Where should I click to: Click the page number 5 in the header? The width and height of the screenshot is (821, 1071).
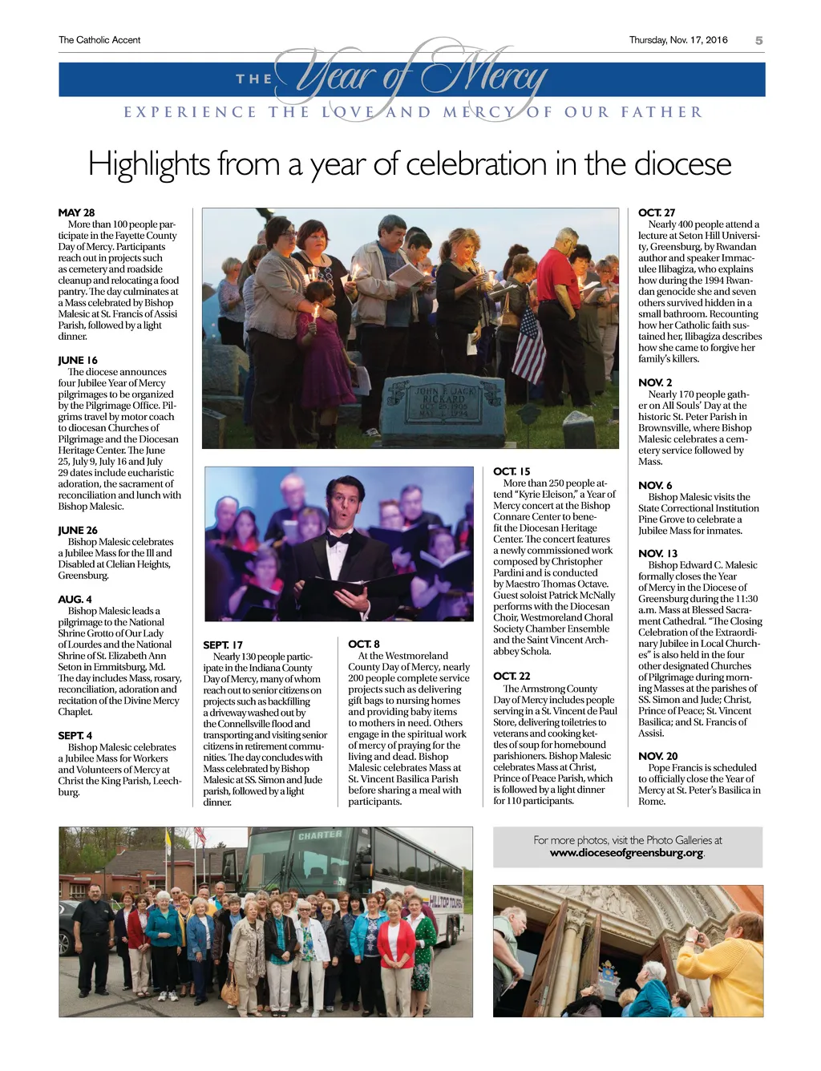[x=758, y=40]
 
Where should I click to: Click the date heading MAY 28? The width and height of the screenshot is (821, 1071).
[x=76, y=212]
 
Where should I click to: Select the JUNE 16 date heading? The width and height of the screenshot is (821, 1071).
[x=78, y=360]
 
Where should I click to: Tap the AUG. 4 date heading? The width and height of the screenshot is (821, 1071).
[x=75, y=599]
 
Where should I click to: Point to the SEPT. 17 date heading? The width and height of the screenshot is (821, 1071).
[x=223, y=645]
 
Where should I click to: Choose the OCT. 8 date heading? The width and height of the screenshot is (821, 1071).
[x=364, y=644]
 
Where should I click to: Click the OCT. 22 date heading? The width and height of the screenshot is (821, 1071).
[x=512, y=676]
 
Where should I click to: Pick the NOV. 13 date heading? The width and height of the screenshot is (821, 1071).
[x=657, y=553]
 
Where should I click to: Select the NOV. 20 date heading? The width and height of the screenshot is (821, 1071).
[x=657, y=756]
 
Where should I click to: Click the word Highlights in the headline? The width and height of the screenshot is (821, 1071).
[x=148, y=164]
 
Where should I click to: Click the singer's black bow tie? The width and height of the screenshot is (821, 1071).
[x=338, y=538]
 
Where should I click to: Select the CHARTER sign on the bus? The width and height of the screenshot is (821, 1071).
[x=320, y=835]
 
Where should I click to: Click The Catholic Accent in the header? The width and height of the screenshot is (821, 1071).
[x=99, y=40]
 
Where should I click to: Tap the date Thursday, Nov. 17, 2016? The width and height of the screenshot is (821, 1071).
[x=678, y=40]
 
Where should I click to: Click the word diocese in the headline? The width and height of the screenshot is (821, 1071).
[x=682, y=164]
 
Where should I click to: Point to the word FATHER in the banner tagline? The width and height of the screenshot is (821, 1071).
[x=661, y=112]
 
